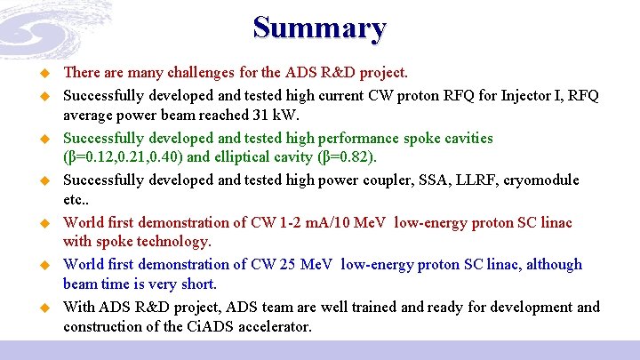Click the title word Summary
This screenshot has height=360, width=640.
point(319,28)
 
